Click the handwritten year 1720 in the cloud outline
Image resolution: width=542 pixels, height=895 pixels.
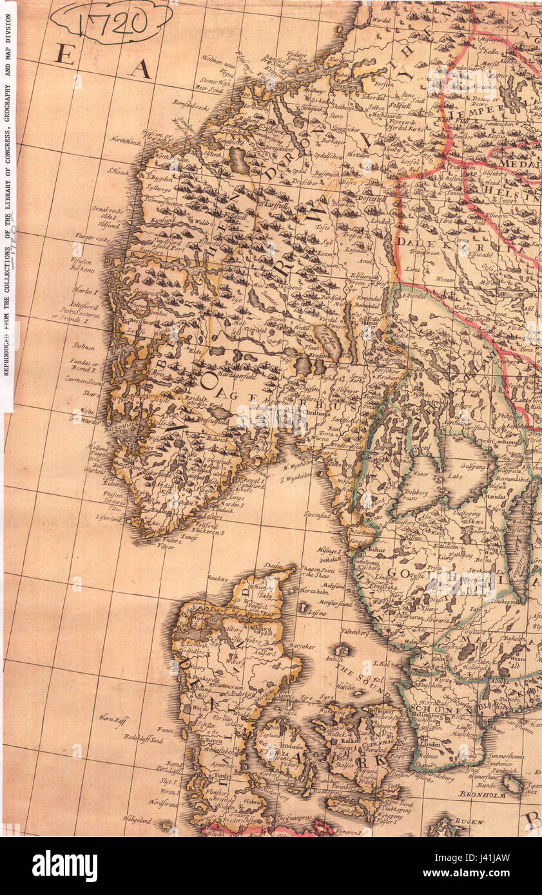[x=111, y=23]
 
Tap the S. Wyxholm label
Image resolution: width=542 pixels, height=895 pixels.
[x=296, y=477]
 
